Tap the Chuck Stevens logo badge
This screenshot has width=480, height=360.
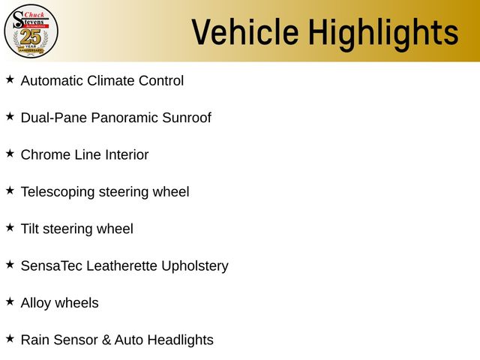click(31, 31)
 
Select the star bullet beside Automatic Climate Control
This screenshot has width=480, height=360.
click(10, 79)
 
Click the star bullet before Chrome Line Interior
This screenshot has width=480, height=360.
click(10, 153)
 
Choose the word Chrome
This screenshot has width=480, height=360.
click(44, 154)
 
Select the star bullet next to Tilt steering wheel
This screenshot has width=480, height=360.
click(10, 226)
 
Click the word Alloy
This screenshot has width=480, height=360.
click(36, 303)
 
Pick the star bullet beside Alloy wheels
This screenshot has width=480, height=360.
click(10, 301)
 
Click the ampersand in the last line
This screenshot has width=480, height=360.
click(107, 340)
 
